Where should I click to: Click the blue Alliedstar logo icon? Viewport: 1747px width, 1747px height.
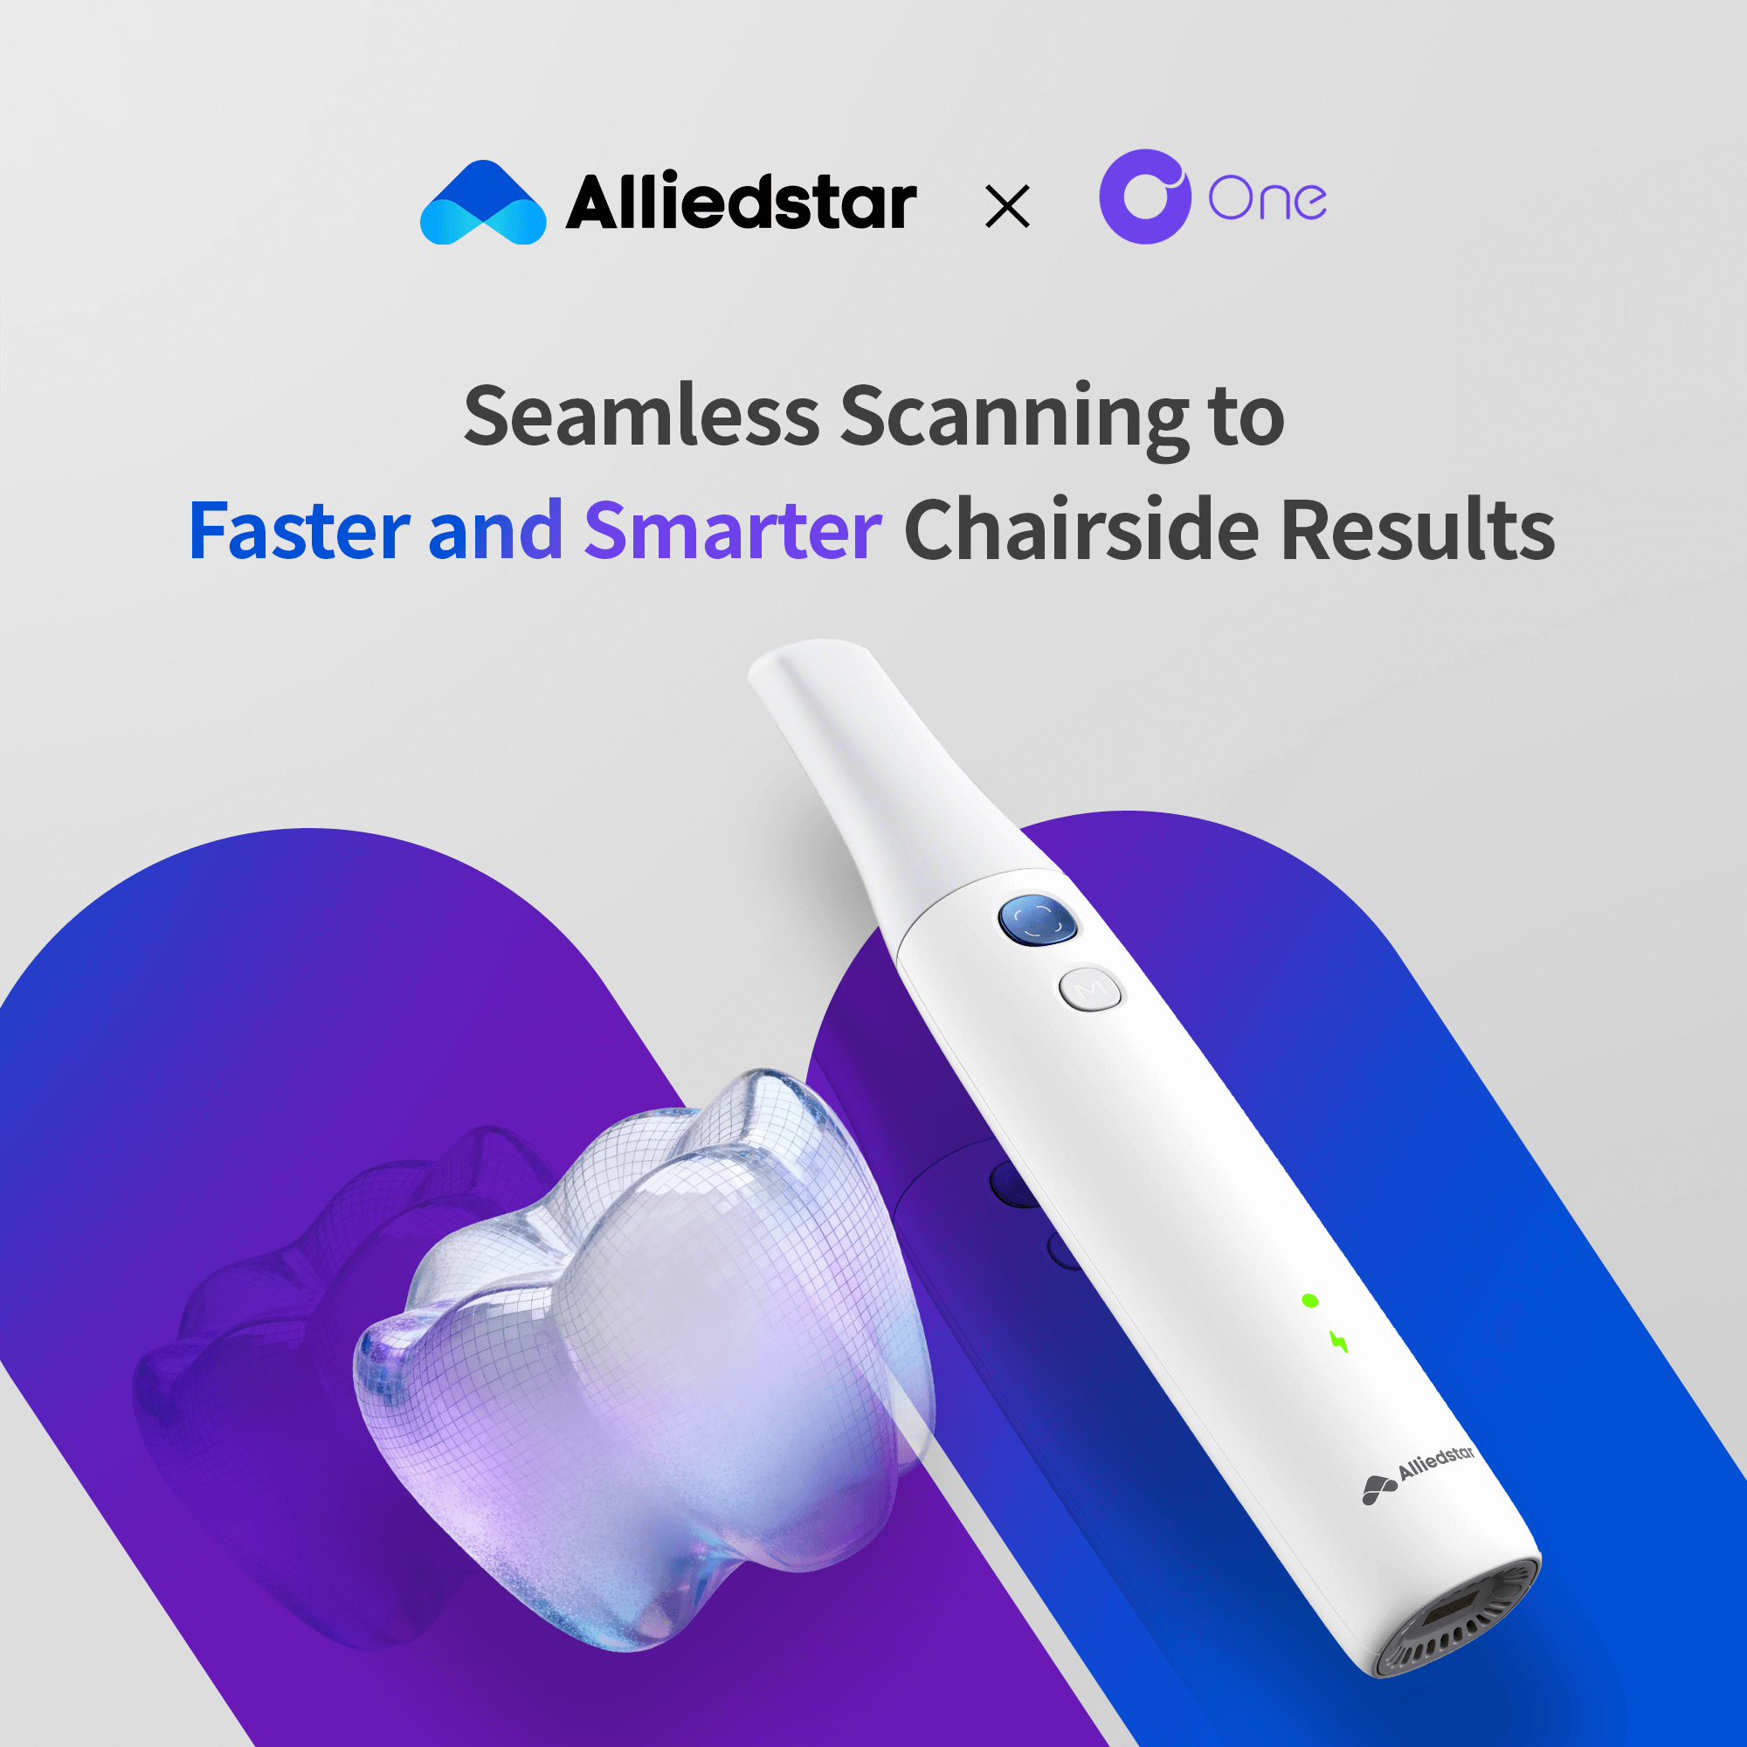coord(483,203)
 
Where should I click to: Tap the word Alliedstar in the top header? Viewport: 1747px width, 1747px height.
coord(742,201)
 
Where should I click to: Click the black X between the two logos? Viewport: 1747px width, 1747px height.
coord(1007,206)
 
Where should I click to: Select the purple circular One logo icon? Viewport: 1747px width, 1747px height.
coord(1144,197)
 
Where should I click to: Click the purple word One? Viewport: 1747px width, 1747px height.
coord(1267,198)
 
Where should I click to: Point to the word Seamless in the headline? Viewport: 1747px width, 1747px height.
coord(641,415)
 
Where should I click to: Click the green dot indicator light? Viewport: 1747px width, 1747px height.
coord(1309,1301)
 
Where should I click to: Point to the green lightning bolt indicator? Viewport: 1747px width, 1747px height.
coord(1339,1341)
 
